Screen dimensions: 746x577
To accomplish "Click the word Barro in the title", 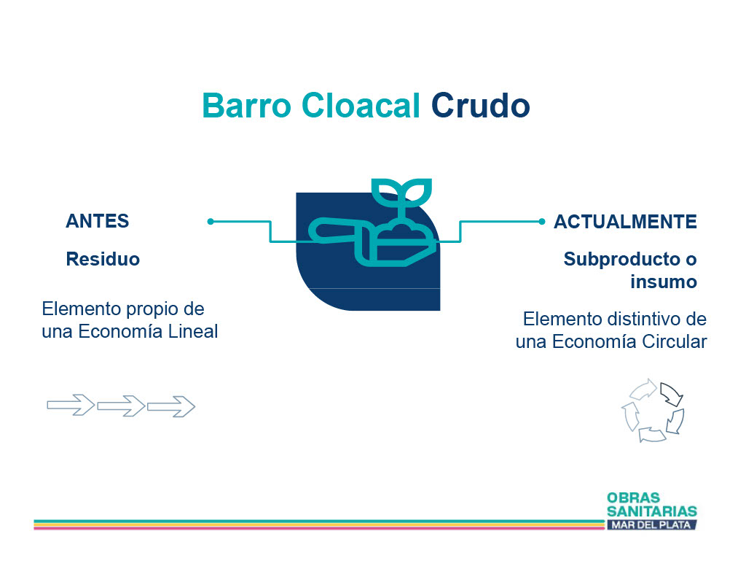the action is (246, 105).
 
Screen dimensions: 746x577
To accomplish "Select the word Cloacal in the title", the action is (361, 105).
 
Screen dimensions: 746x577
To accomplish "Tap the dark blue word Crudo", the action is (481, 105).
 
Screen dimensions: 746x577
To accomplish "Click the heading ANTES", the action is (98, 221).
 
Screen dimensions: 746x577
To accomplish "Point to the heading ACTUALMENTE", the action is (625, 222).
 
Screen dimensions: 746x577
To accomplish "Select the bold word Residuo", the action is (103, 259).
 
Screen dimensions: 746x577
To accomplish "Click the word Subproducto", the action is (622, 260).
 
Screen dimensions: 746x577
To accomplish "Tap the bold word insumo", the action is (664, 282).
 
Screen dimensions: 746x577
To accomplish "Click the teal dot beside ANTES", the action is (211, 222).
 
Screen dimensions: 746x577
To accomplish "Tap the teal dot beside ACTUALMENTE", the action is (541, 222).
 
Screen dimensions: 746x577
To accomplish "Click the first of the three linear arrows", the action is (71, 405).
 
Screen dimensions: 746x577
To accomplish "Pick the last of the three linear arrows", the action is (171, 406).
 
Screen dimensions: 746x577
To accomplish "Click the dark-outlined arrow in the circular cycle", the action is (671, 394).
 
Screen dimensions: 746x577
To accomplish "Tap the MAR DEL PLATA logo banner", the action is (651, 525).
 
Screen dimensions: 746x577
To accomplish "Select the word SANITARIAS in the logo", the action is (652, 512).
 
